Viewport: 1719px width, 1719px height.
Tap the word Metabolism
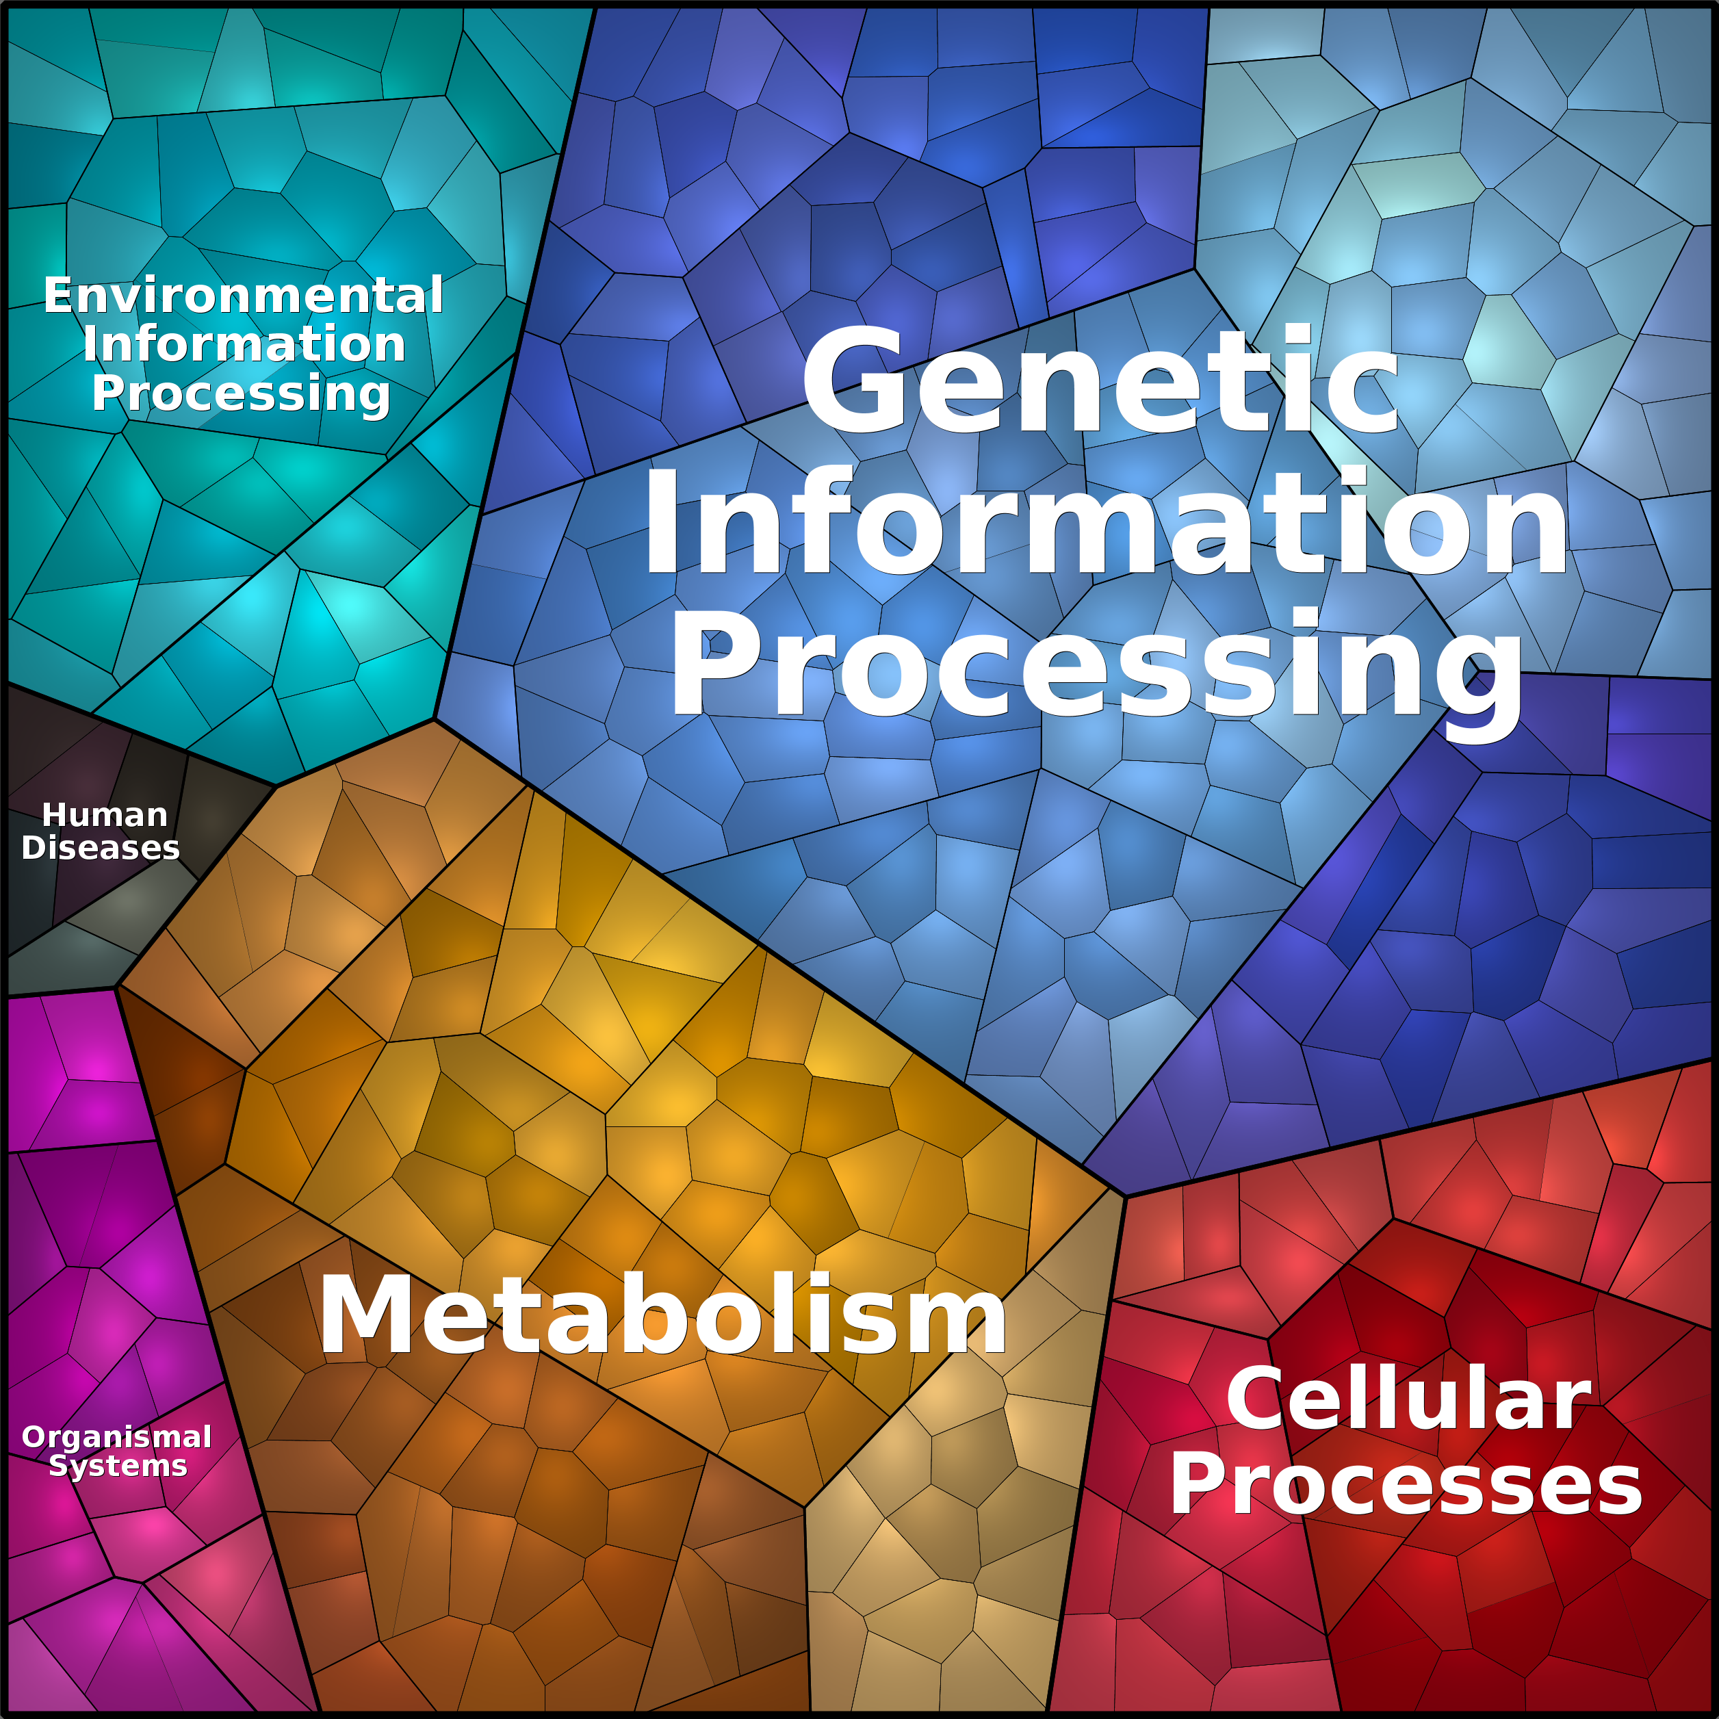[x=663, y=1316]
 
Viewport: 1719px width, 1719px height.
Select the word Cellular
[x=1408, y=1399]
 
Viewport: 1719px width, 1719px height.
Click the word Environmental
[x=244, y=296]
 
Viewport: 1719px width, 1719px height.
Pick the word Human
[x=105, y=815]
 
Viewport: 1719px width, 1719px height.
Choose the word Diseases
[x=101, y=848]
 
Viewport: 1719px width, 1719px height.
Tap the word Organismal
[x=116, y=1437]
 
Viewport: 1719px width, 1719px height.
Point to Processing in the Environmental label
[x=241, y=393]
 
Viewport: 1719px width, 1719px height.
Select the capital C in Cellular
[x=1256, y=1399]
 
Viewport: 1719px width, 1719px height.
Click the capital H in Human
[x=53, y=815]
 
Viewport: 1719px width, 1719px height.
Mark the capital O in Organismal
[x=34, y=1437]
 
